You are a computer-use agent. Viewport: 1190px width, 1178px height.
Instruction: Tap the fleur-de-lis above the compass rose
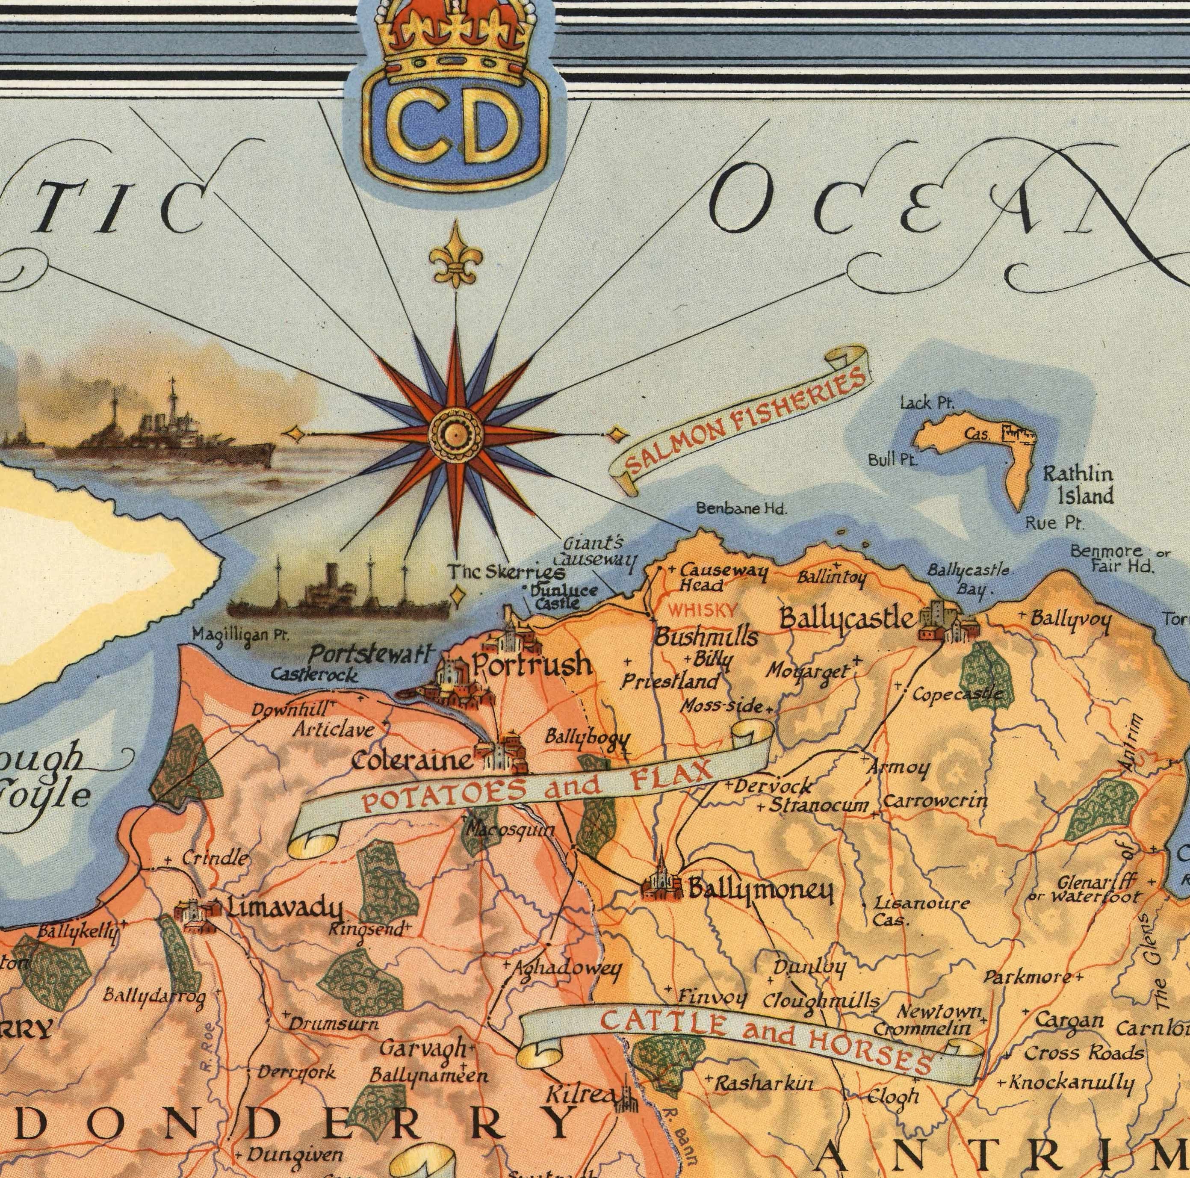coord(456,263)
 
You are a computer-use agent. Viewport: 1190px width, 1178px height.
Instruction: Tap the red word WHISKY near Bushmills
coord(703,611)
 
